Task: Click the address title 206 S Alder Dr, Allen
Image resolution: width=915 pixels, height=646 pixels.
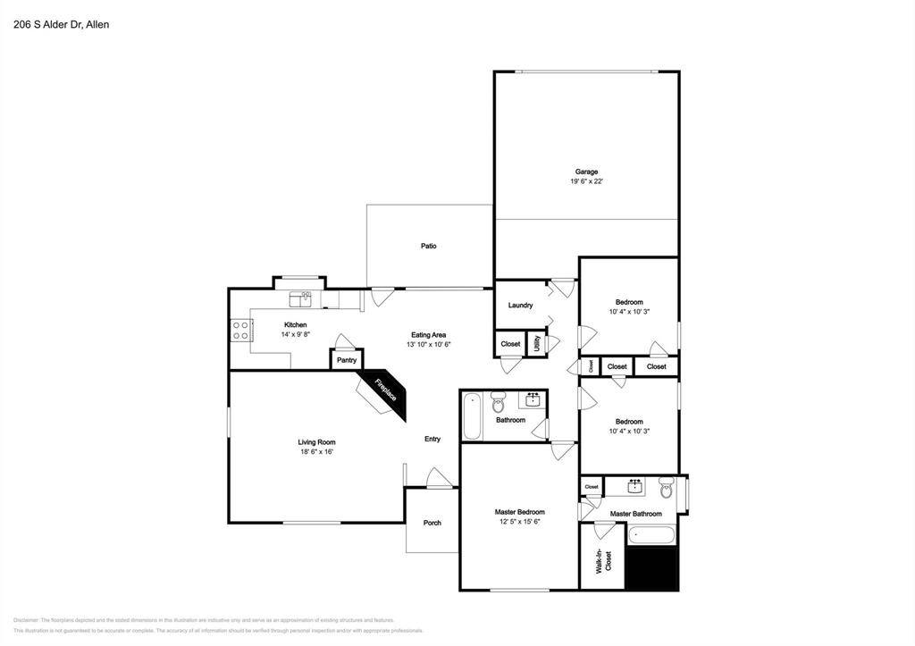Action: tap(62, 25)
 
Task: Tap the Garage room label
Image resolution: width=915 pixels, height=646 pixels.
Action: tap(586, 172)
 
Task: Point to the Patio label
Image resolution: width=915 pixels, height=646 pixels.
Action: tap(429, 246)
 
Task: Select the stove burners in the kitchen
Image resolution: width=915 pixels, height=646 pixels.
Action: tap(240, 331)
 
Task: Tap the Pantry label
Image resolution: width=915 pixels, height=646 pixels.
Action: tap(347, 360)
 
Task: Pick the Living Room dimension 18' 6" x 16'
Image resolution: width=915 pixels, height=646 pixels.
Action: tap(317, 452)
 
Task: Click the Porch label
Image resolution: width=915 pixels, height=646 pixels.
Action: tap(432, 523)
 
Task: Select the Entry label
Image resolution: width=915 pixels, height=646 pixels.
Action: tap(432, 439)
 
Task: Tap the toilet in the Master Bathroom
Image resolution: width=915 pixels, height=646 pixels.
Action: tap(667, 489)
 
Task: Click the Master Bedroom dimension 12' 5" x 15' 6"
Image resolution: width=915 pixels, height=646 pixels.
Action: tap(519, 522)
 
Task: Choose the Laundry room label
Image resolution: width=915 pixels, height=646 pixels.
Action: tap(520, 306)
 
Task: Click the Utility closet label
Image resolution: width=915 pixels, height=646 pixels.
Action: tap(537, 343)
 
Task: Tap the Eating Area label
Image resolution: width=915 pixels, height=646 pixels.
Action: tap(428, 334)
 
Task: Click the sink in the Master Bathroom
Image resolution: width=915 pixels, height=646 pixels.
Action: tap(635, 486)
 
